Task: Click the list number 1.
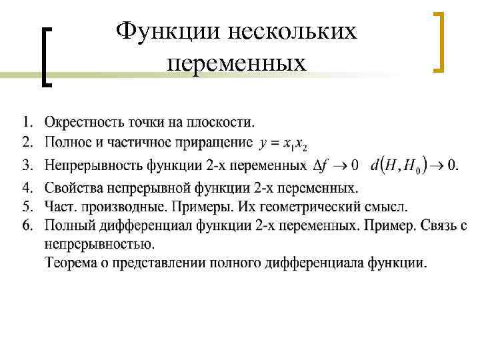coord(28,122)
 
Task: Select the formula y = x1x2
coord(283,143)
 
